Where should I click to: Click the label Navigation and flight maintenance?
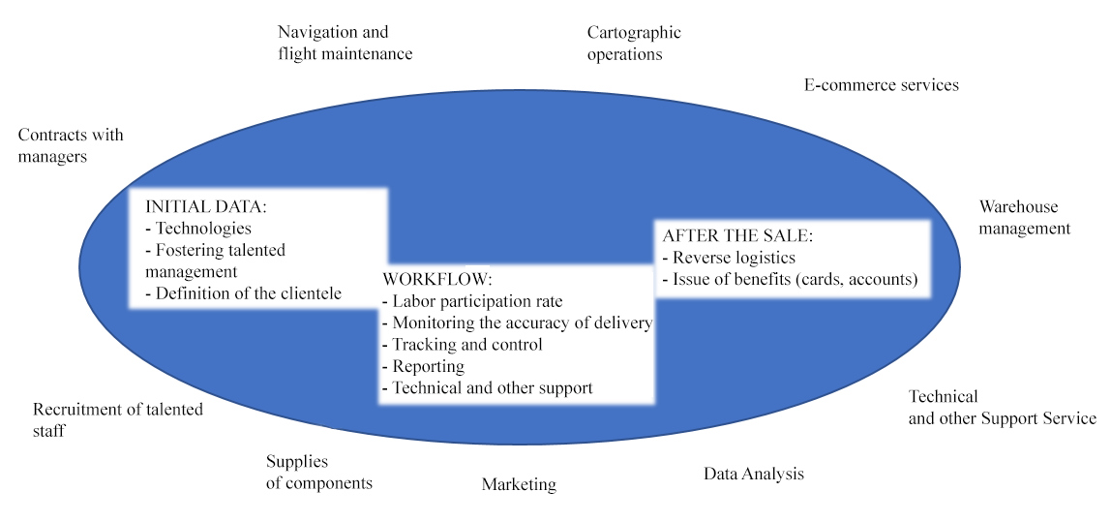[345, 44]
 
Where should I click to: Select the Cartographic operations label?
[634, 44]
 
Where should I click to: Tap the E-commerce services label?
[881, 85]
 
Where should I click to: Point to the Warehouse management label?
[1024, 218]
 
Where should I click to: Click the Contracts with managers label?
[71, 145]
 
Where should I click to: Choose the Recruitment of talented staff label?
[117, 419]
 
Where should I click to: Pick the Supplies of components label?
[318, 473]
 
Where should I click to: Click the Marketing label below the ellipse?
[519, 484]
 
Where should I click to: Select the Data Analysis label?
[753, 474]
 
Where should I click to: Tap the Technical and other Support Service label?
[1002, 408]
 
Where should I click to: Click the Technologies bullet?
[198, 229]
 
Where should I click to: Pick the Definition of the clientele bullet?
[243, 292]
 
